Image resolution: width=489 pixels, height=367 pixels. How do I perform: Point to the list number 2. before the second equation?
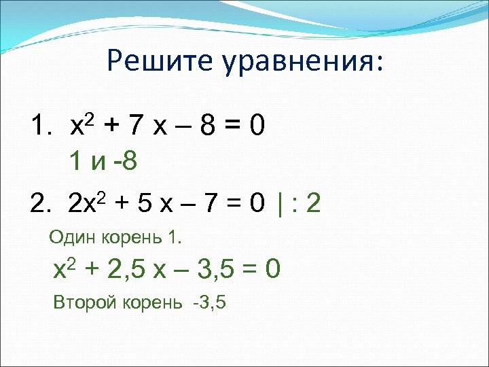(x=41, y=202)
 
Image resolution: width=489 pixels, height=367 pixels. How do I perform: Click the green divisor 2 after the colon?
(x=313, y=202)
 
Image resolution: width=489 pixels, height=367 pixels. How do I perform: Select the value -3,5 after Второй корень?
(x=209, y=302)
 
